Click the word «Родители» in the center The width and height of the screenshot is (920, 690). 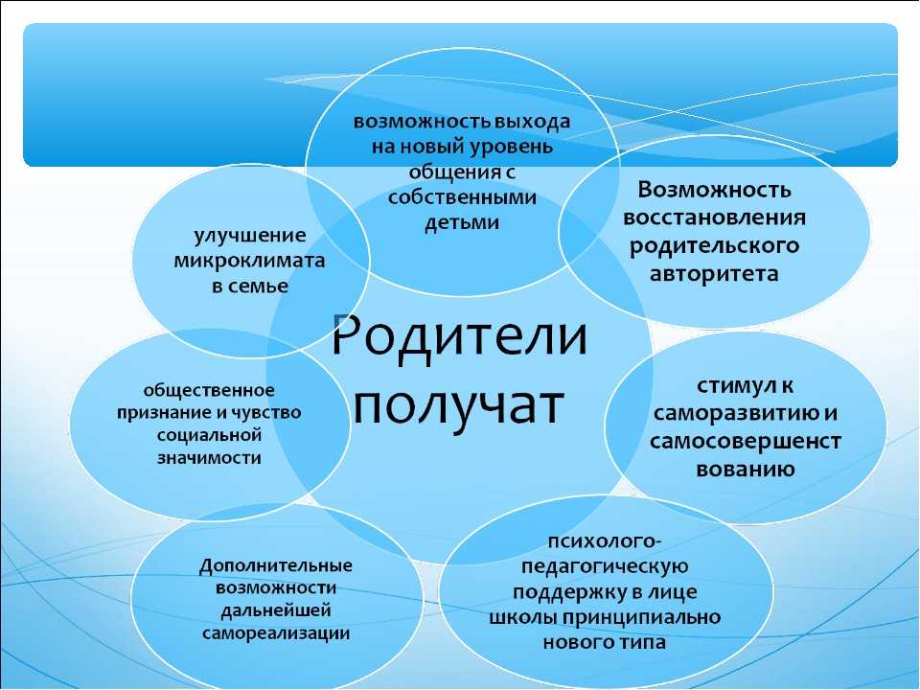coord(459,335)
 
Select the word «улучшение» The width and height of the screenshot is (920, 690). coord(250,236)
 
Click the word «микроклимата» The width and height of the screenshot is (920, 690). coord(249,261)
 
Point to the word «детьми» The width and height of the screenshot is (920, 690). coord(462,223)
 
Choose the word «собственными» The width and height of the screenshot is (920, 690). coord(462,197)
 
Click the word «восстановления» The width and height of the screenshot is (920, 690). coord(714,218)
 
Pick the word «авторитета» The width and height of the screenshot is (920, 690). coord(714,274)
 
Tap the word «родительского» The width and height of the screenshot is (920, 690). coord(714,246)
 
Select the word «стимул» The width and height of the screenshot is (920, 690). coord(730,386)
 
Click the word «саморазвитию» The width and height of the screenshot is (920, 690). coord(737,414)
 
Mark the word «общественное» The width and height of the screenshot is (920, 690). coord(209,391)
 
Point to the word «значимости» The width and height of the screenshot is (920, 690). coord(209,458)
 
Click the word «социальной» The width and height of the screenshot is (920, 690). coord(209,435)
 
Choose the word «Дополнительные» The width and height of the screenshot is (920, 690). coord(276,566)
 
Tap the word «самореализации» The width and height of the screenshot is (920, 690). coord(276,633)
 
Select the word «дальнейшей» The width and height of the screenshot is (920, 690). coord(276,611)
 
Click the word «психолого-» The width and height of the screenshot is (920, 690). coord(605,540)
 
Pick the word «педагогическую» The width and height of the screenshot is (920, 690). coord(605,566)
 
